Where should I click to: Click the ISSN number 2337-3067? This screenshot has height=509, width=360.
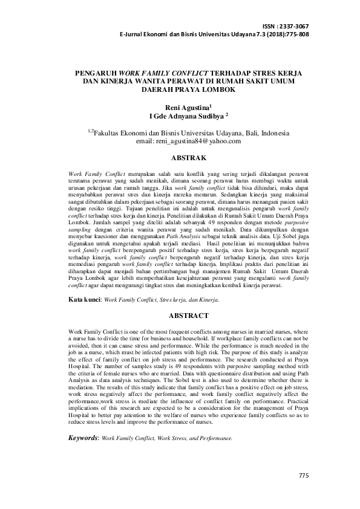294,27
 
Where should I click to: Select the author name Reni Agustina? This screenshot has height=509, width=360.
178,106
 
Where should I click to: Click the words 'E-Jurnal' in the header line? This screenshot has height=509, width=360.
134,34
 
